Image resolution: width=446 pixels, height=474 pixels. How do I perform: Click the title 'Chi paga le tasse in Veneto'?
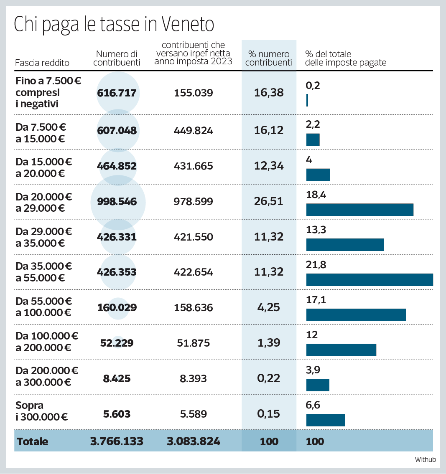[114, 25]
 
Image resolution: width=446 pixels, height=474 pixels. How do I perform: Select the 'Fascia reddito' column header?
[42, 63]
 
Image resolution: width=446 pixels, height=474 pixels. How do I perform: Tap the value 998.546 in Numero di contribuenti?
[117, 202]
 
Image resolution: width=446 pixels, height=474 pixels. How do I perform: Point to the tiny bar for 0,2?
[307, 100]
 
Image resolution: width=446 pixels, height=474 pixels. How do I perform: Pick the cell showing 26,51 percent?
[269, 201]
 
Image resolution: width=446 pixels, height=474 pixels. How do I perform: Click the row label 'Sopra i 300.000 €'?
[42, 411]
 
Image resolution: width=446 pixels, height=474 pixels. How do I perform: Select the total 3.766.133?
[117, 441]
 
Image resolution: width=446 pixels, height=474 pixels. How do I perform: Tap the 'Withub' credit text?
[425, 459]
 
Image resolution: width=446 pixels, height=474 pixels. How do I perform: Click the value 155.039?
[193, 93]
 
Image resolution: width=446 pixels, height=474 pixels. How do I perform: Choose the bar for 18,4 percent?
[359, 210]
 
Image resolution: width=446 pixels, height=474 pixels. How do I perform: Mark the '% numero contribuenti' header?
[269, 58]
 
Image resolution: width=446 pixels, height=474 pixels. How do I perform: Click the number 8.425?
[117, 379]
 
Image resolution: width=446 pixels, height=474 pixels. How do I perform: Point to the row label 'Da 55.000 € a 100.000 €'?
[44, 307]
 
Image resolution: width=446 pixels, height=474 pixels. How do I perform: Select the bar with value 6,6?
[326, 420]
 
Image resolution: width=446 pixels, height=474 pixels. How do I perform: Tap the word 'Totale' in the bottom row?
[33, 441]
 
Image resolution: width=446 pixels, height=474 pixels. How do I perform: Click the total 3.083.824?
[193, 441]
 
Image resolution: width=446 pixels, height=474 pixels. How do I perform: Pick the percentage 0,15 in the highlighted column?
[269, 414]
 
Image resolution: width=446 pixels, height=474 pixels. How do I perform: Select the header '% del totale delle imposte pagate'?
[346, 58]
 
